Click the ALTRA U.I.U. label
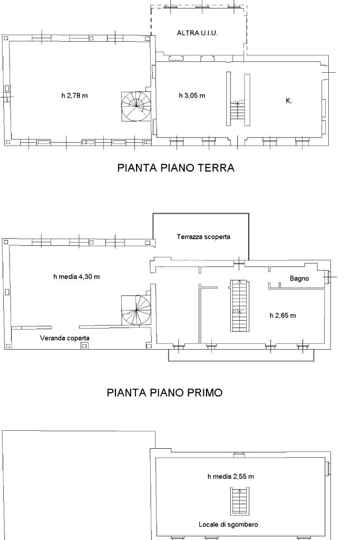[x=197, y=33]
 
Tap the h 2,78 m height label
[x=75, y=95]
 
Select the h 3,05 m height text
[x=192, y=95]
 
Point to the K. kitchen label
[x=289, y=101]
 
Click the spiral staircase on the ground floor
[x=137, y=106]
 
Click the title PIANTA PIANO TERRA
[x=176, y=168]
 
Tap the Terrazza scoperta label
[x=203, y=237]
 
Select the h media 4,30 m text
[x=77, y=276]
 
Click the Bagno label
[x=299, y=278]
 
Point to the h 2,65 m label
[x=283, y=315]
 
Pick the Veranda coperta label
[x=65, y=338]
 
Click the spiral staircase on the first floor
[x=137, y=310]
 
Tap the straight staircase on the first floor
[x=240, y=306]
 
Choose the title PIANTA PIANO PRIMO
[x=164, y=392]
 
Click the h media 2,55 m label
[x=230, y=477]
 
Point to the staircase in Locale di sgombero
[x=239, y=501]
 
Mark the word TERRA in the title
[x=216, y=168]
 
